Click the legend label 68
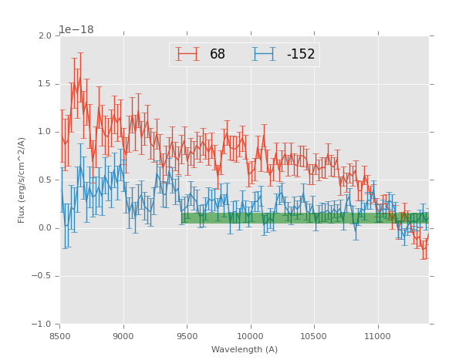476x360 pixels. click(x=218, y=55)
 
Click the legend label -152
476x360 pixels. click(x=300, y=55)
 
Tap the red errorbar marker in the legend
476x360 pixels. click(x=187, y=54)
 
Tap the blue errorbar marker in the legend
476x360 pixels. click(x=264, y=54)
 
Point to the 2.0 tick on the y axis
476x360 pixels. click(x=45, y=36)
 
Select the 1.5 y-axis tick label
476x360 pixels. click(x=45, y=84)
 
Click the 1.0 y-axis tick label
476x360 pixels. click(x=45, y=132)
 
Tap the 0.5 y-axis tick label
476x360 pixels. click(x=45, y=180)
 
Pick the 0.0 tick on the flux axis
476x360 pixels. click(x=45, y=228)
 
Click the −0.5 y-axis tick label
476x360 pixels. click(x=42, y=276)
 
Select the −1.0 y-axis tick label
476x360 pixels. click(x=42, y=325)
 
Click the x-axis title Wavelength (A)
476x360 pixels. click(x=245, y=349)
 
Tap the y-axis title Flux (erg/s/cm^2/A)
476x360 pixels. click(x=22, y=180)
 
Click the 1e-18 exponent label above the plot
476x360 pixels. click(x=76, y=30)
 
